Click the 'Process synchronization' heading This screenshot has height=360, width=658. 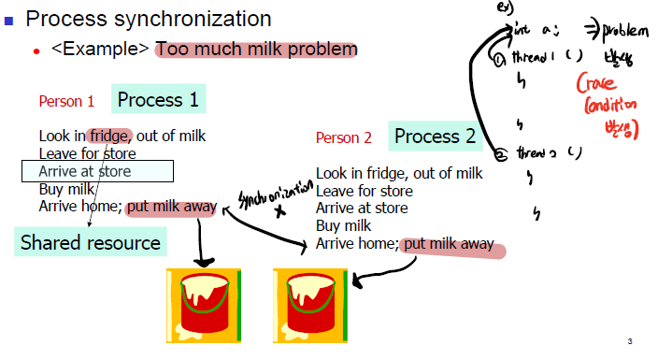(x=149, y=19)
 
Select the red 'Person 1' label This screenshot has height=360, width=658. (x=66, y=101)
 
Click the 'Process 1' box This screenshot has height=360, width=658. (x=158, y=99)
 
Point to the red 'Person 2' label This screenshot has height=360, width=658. (x=343, y=138)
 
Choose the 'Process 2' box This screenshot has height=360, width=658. (x=435, y=137)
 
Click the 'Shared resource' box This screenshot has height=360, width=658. (x=90, y=243)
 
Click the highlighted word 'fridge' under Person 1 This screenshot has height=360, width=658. (x=110, y=136)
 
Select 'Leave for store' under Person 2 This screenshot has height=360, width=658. (x=365, y=191)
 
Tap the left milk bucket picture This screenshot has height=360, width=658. (x=204, y=303)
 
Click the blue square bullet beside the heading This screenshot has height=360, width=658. (x=10, y=20)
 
